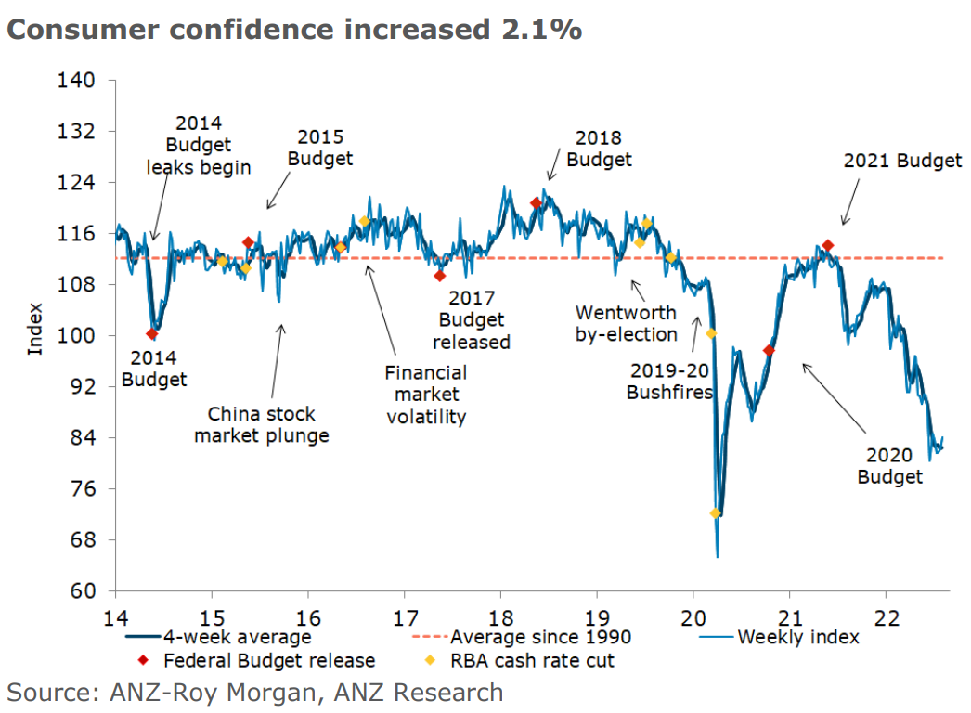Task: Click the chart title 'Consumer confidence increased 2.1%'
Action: pos(295,30)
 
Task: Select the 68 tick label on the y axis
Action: pos(82,539)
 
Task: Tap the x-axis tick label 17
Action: pos(404,616)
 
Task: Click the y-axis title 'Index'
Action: pos(35,329)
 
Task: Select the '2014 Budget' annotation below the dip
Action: pos(153,368)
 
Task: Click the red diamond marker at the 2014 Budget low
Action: pos(152,334)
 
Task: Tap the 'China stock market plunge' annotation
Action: pos(261,424)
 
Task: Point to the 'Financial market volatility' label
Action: pos(426,395)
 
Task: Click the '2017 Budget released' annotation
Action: pos(473,320)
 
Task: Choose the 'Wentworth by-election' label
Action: pos(626,323)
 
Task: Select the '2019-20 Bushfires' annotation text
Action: pos(669,382)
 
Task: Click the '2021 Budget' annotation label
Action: pos(902,161)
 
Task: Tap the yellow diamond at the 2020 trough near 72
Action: pos(715,513)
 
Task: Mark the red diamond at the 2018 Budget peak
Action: pos(536,203)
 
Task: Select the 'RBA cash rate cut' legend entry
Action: pos(534,661)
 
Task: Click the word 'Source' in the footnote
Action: pos(53,692)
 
